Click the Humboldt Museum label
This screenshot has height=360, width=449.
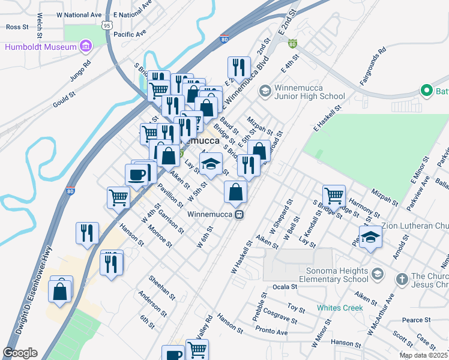[x=41, y=47]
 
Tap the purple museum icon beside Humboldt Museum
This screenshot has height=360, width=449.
[x=85, y=46]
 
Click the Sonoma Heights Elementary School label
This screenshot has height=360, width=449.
[x=318, y=274]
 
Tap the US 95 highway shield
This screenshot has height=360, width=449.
[x=106, y=25]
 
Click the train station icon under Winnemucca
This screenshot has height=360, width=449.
[x=239, y=214]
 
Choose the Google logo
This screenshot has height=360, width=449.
[x=20, y=353]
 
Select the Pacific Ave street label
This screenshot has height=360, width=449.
[x=130, y=35]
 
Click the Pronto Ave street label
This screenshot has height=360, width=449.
[x=271, y=332]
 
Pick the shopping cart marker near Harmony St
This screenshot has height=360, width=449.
[x=334, y=195]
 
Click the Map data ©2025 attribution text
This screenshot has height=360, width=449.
[x=423, y=355]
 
